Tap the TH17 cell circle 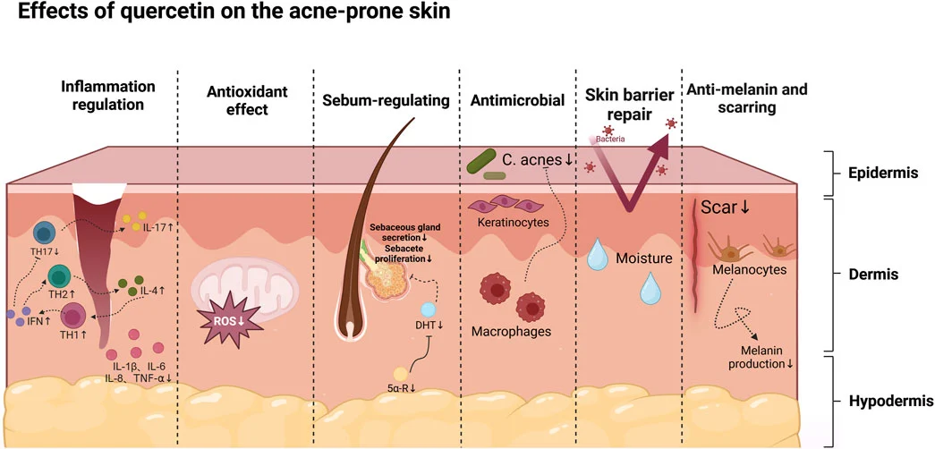[x=44, y=233]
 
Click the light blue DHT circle [x=429, y=309]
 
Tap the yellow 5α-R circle [x=402, y=373]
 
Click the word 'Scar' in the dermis [x=718, y=208]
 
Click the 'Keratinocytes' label [x=512, y=222]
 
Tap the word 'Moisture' [x=643, y=258]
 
